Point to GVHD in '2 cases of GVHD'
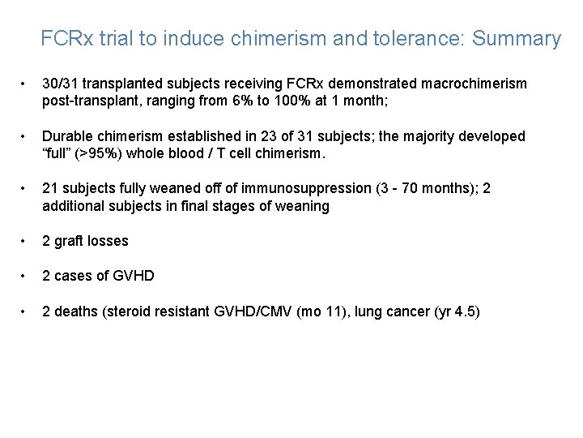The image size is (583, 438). [133, 276]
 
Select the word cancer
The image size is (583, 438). [411, 311]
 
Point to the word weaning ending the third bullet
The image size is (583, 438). [303, 206]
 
